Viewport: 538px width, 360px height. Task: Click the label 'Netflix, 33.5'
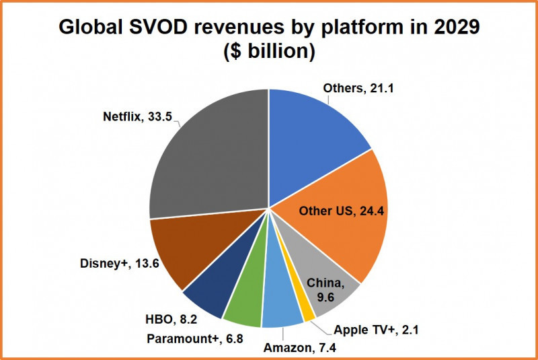coord(139,116)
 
